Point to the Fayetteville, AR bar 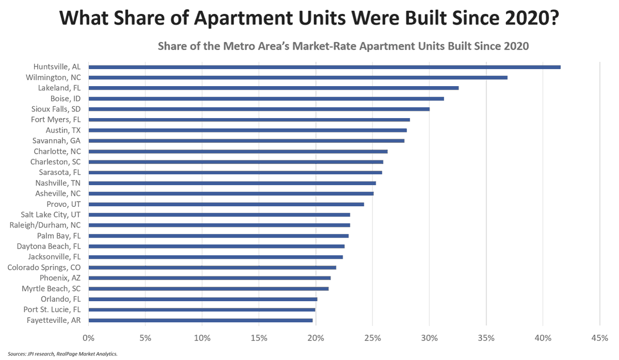coord(201,320)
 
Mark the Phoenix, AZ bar coord(209,278)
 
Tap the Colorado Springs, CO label coord(44,268)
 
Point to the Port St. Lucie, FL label coord(52,310)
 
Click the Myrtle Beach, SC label coord(51,289)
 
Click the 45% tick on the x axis coord(599,338)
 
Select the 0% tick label coord(89,338)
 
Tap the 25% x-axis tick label coord(372,338)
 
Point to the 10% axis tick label coord(202,338)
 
